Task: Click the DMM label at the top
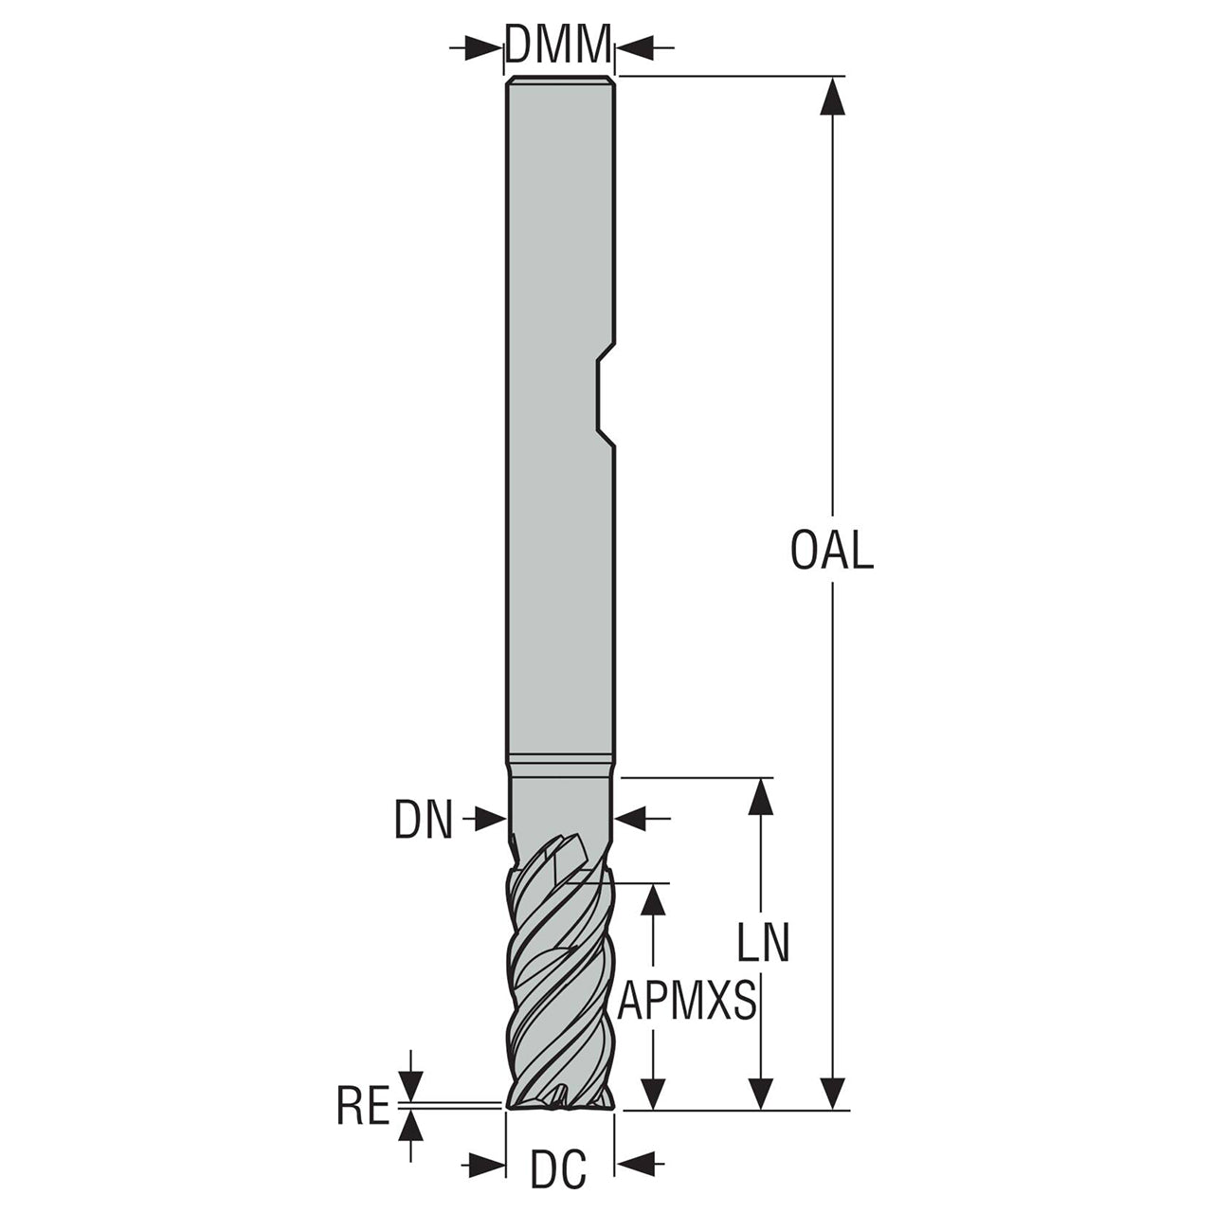click(x=558, y=45)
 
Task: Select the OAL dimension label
click(x=831, y=551)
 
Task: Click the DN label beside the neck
click(x=424, y=819)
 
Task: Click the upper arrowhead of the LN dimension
click(x=762, y=798)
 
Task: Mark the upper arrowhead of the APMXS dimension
click(x=655, y=903)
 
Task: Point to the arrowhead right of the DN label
click(x=633, y=819)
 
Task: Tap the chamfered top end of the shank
click(x=560, y=80)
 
